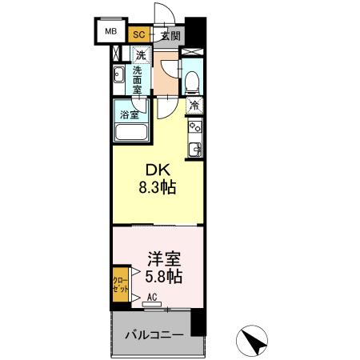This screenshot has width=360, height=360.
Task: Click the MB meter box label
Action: pos(110,34)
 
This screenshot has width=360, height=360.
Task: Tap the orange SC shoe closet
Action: pos(139,34)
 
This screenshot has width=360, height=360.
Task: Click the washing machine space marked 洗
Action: pos(141,56)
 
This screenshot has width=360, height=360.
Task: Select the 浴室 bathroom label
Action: pos(129,113)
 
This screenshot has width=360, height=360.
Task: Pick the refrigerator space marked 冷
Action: pos(194,104)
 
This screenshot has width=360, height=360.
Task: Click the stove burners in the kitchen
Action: pos(194,126)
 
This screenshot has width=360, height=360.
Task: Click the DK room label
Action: pos(156,170)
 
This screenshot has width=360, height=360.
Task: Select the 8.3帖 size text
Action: pos(157,188)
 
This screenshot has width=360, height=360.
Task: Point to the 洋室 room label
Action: pos(163,258)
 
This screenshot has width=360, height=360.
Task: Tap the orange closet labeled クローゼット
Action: pos(117,286)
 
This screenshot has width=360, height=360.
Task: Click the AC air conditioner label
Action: pos(151,296)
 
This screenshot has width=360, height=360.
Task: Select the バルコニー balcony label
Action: pos(156,334)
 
